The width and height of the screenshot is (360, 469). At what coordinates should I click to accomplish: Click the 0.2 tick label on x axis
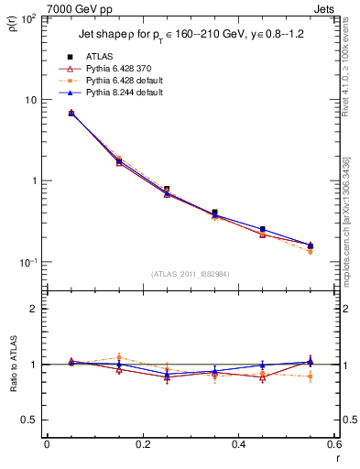tap(142, 444)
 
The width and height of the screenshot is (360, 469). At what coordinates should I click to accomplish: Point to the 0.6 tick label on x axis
tap(333, 444)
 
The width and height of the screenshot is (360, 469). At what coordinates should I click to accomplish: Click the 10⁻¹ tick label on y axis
tap(27, 262)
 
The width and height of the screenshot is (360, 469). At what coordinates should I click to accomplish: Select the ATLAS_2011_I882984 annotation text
tap(190, 273)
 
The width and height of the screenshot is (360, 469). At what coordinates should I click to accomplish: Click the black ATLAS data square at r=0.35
tap(214, 213)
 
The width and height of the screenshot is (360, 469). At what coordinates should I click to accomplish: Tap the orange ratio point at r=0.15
tap(118, 357)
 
